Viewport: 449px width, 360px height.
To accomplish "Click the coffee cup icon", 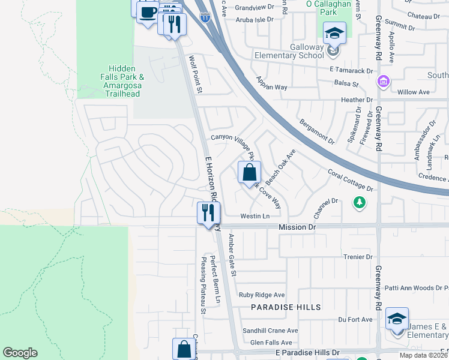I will tap(148, 13).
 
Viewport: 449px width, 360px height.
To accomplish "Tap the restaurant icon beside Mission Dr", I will tap(209, 212).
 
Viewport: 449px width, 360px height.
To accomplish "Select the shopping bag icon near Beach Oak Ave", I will tap(249, 173).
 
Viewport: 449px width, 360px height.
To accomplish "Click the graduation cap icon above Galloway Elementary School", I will tap(334, 34).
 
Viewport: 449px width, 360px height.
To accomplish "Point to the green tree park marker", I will tap(359, 202).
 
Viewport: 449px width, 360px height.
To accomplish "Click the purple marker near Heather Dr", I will tap(382, 81).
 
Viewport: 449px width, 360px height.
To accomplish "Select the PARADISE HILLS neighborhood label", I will tap(286, 307).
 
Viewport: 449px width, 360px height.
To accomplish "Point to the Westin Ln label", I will tap(255, 216).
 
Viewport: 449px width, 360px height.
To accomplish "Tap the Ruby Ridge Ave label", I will tap(262, 295).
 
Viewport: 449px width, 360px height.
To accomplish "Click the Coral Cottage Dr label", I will tap(351, 181).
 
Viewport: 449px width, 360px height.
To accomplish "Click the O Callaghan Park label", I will tap(328, 8).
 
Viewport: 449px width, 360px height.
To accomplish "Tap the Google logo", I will tap(20, 353).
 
